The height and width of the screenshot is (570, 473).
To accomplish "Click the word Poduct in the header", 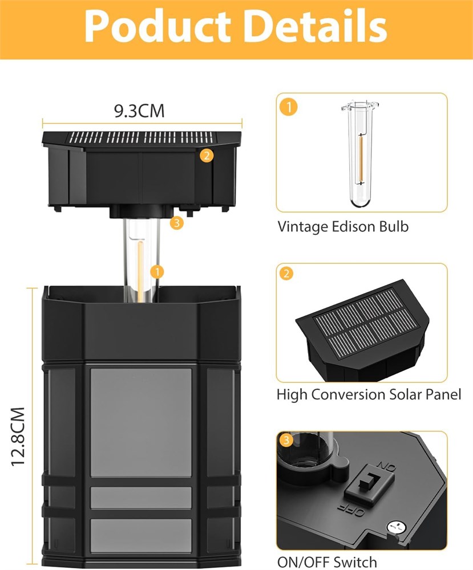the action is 157,26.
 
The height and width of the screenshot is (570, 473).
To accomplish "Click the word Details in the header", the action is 316,26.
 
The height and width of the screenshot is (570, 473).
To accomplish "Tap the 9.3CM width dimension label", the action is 139,111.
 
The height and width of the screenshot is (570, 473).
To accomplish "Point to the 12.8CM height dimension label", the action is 18,436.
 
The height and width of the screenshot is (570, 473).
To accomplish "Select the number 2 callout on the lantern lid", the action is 207,156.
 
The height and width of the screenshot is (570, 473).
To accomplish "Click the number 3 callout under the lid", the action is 176,222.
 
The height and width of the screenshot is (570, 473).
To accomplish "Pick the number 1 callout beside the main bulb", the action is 157,271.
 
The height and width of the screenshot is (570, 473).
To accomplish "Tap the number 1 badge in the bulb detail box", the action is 289,107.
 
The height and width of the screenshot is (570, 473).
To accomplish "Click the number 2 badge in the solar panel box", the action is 286,274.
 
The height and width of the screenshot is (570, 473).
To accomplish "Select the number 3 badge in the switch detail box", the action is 286,440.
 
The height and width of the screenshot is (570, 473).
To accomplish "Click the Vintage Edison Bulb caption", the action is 343,227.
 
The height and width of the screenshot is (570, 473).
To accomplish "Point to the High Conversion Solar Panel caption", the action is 369,395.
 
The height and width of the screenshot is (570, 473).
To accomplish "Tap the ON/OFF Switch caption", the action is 327,562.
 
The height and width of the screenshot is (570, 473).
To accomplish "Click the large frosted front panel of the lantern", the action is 141,422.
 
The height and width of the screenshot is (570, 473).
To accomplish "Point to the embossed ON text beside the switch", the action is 386,467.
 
